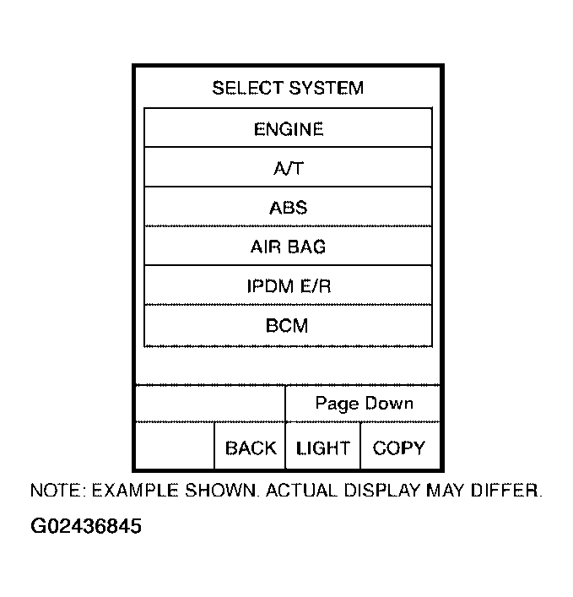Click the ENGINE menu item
288,128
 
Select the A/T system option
288,167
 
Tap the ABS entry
288,207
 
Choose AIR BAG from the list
288,247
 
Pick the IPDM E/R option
288,285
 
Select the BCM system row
288,326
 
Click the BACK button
250,446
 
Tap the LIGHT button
322,446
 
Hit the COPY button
399,446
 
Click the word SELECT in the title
248,88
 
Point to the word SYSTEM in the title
326,88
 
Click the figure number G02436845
86,526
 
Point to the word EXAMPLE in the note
135,491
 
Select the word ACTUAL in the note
301,491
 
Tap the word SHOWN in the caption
221,491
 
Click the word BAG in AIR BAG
306,247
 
